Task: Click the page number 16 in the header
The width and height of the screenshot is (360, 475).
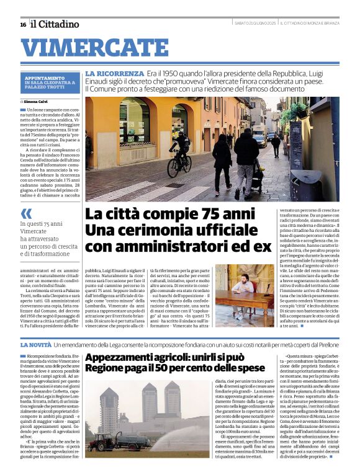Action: point(23,25)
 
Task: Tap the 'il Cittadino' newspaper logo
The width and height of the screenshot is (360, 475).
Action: point(55,24)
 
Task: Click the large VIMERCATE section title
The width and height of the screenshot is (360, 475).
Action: point(86,48)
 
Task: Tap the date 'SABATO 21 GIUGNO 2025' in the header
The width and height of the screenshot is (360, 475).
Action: point(254,24)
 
